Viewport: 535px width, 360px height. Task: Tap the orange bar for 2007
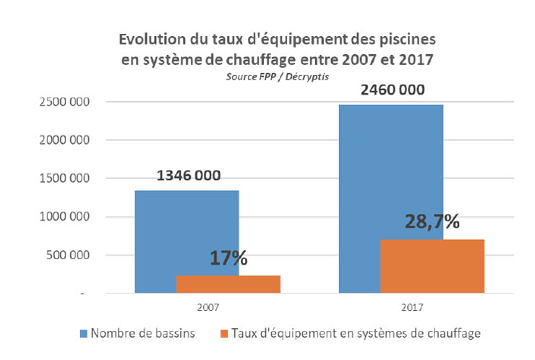(228, 284)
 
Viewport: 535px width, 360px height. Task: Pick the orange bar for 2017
(432, 266)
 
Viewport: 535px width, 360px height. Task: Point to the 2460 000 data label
(390, 90)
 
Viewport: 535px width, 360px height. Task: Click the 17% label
(228, 257)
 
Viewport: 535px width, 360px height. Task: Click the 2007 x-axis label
(207, 307)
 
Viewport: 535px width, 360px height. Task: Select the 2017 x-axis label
(411, 307)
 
